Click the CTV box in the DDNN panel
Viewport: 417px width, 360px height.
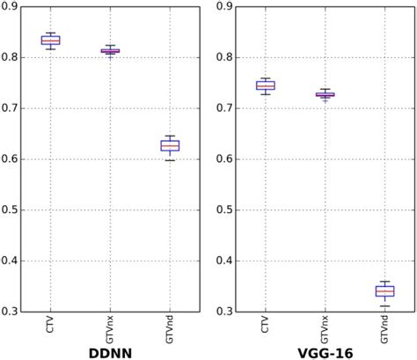tap(51, 40)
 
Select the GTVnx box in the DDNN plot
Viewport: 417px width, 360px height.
tap(110, 51)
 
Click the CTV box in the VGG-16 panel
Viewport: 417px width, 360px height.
tap(265, 85)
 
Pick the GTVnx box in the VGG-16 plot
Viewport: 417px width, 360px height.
tap(325, 94)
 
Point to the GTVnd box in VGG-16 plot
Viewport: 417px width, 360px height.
tap(384, 291)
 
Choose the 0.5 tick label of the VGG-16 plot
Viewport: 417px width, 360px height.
tap(224, 210)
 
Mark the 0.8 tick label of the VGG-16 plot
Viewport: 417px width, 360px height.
tap(224, 58)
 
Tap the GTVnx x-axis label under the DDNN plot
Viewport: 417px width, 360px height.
tap(111, 328)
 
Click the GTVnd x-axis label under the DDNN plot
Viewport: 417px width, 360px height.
tap(170, 328)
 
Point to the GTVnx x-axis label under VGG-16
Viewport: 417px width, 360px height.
tap(325, 328)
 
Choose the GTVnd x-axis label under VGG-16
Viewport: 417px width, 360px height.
tap(384, 328)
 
